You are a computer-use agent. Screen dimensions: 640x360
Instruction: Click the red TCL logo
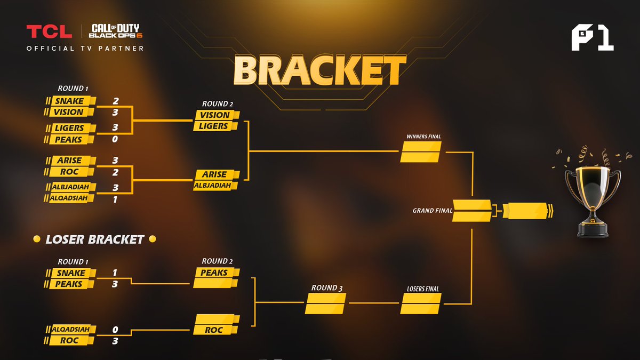click(x=49, y=31)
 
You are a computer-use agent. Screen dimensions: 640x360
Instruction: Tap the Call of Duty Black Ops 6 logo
click(x=115, y=31)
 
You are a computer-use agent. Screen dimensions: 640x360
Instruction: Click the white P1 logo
click(x=593, y=38)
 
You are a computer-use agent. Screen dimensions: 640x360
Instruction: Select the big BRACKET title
click(x=319, y=70)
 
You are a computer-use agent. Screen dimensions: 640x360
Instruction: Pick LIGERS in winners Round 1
click(x=69, y=128)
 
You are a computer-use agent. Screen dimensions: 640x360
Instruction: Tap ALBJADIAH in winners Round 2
click(x=212, y=186)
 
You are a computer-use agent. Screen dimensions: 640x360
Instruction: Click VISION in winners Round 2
click(x=214, y=115)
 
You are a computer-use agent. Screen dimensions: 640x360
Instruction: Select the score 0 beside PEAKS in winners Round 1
click(x=115, y=139)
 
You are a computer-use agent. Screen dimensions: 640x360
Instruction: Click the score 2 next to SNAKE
click(x=115, y=101)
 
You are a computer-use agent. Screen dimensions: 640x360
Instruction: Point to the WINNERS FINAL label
click(x=423, y=137)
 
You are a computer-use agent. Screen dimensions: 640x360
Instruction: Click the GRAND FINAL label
click(x=433, y=211)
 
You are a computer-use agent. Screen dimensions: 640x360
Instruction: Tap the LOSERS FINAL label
click(x=423, y=289)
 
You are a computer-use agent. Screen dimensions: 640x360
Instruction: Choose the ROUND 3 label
click(x=327, y=287)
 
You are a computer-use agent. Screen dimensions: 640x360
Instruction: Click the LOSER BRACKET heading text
click(x=94, y=239)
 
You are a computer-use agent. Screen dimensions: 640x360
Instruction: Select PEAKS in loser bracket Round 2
click(x=214, y=273)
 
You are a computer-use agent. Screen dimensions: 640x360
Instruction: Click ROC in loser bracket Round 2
click(x=213, y=330)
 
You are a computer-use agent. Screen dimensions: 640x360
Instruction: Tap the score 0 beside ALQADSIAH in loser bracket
click(x=115, y=330)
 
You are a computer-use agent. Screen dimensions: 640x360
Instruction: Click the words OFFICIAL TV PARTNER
click(x=85, y=49)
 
